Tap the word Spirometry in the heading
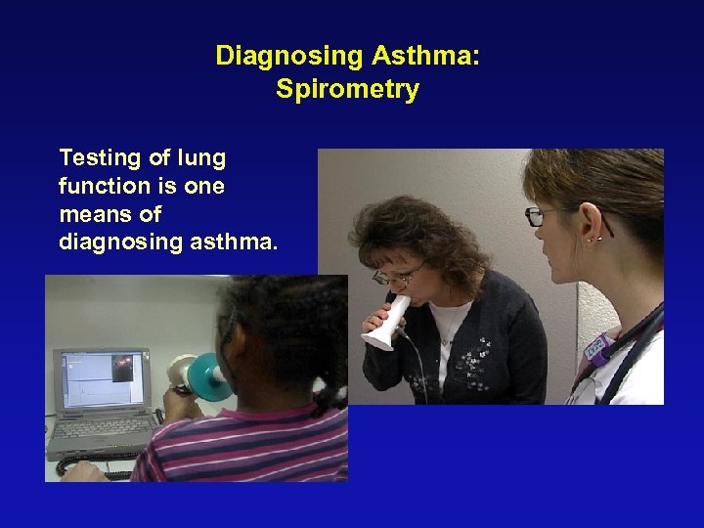click(x=347, y=90)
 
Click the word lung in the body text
click(x=201, y=158)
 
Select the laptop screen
click(x=103, y=381)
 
